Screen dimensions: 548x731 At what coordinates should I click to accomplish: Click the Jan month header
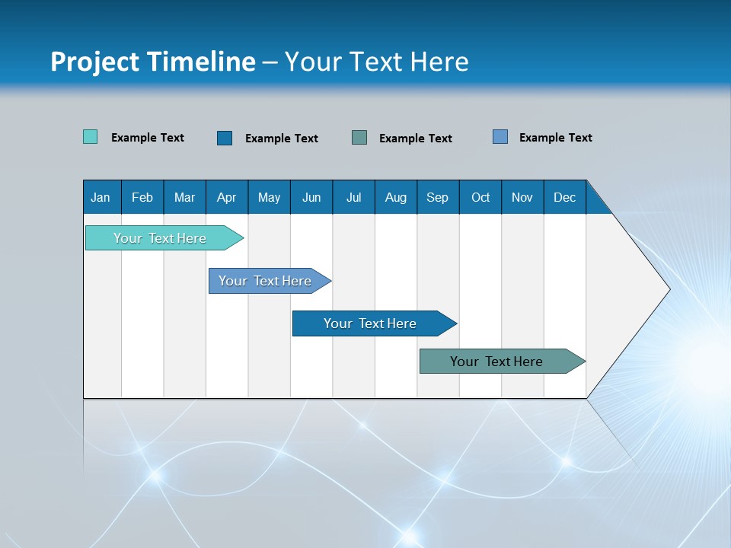(x=101, y=197)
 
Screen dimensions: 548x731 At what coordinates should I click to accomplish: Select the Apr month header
(x=227, y=197)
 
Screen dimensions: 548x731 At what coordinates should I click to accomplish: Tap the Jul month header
(x=353, y=197)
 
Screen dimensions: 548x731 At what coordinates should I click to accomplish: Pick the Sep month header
(x=437, y=197)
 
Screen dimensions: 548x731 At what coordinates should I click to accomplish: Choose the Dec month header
(x=564, y=197)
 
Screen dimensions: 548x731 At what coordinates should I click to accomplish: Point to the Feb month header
(x=142, y=197)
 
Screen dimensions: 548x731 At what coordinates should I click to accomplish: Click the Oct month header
(x=480, y=197)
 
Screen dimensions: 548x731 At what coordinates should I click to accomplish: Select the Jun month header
(x=311, y=197)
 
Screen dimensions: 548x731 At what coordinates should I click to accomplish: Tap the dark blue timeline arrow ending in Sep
(x=371, y=323)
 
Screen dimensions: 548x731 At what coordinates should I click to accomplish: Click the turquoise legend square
(x=90, y=137)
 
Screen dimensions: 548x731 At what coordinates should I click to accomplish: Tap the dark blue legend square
(x=225, y=138)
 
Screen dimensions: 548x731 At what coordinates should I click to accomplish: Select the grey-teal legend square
(x=359, y=137)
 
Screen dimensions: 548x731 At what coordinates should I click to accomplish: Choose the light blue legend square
(x=500, y=137)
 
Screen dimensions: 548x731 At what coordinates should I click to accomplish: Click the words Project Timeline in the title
(x=153, y=62)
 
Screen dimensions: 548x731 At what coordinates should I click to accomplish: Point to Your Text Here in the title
(x=377, y=62)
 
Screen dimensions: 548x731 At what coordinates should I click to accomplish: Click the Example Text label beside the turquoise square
(x=148, y=138)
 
